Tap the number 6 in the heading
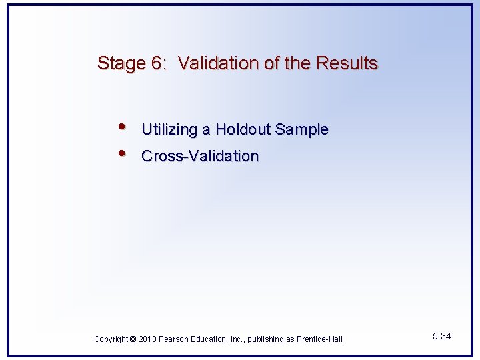pyautogui.click(x=157, y=64)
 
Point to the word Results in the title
pyautogui.click(x=347, y=63)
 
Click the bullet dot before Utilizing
pyautogui.click(x=121, y=127)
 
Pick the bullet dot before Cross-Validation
pyautogui.click(x=121, y=153)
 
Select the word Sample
pyautogui.click(x=303, y=130)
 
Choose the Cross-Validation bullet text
pyautogui.click(x=200, y=157)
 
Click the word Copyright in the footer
pyautogui.click(x=111, y=339)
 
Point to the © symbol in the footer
pyautogui.click(x=133, y=339)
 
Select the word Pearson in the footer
pyautogui.click(x=174, y=339)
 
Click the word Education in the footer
pyautogui.click(x=210, y=339)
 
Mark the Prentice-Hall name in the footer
pyautogui.click(x=320, y=339)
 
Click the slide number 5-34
pyautogui.click(x=441, y=336)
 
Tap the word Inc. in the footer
pyautogui.click(x=237, y=339)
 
